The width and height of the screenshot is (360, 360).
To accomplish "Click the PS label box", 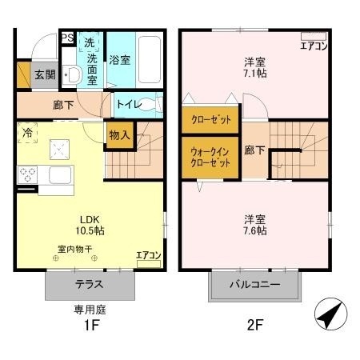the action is pyautogui.click(x=67, y=38).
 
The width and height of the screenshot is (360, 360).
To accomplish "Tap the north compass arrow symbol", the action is pyautogui.click(x=331, y=314).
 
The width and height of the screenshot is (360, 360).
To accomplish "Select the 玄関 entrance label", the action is pyautogui.click(x=46, y=75).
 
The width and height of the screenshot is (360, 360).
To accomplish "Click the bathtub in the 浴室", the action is pyautogui.click(x=150, y=60).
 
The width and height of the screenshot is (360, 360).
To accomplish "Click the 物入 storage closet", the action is pyautogui.click(x=120, y=135).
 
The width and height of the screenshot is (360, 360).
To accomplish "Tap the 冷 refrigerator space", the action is pyautogui.click(x=27, y=133).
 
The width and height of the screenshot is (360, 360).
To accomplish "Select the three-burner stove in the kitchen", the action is pyautogui.click(x=27, y=174).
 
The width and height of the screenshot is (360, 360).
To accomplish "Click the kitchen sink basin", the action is pyautogui.click(x=60, y=175).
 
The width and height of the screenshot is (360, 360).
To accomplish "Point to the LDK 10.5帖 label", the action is pyautogui.click(x=90, y=226).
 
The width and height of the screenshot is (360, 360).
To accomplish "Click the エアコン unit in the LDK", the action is pyautogui.click(x=149, y=264).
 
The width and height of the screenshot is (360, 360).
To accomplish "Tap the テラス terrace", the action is pyautogui.click(x=90, y=285).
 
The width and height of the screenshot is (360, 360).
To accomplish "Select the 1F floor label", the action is pyautogui.click(x=91, y=326).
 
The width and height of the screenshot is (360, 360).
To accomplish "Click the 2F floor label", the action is pyautogui.click(x=255, y=325).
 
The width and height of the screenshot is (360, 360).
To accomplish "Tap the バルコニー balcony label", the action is pyautogui.click(x=255, y=285).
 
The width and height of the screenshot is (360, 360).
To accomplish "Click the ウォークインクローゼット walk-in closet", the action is pyautogui.click(x=210, y=158).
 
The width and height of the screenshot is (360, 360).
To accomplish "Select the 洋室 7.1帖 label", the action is pyautogui.click(x=255, y=68).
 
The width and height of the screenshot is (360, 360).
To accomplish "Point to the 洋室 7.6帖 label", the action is pyautogui.click(x=255, y=225).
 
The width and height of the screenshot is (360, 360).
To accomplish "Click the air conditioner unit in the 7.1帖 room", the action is pyautogui.click(x=314, y=37).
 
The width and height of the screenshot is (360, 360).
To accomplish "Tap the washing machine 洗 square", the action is pyautogui.click(x=90, y=42).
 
